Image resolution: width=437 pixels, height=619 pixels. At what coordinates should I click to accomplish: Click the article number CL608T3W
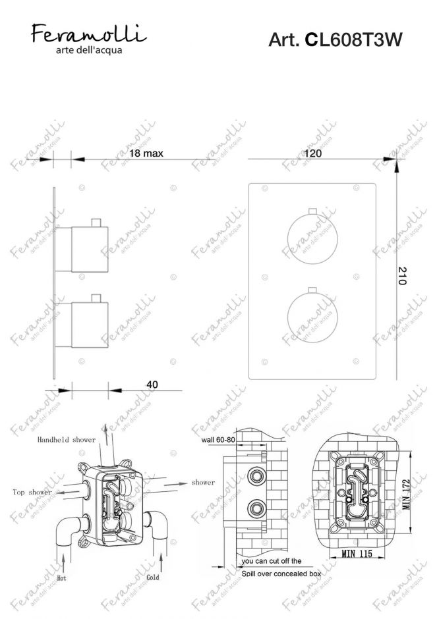coord(354,40)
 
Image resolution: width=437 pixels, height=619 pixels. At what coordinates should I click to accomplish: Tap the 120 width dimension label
coord(312,153)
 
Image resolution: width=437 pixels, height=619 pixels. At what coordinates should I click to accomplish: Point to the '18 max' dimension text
coord(146,153)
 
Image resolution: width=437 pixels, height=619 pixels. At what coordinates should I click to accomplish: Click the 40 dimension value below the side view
coord(152,384)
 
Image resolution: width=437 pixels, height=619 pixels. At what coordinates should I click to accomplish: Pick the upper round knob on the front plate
coord(312,239)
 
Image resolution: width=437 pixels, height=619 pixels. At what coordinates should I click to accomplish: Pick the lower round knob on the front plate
coord(312,319)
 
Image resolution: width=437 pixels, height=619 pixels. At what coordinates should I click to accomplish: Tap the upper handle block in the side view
coord(90,250)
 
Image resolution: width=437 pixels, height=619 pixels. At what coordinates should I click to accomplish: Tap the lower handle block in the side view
coord(90,325)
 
